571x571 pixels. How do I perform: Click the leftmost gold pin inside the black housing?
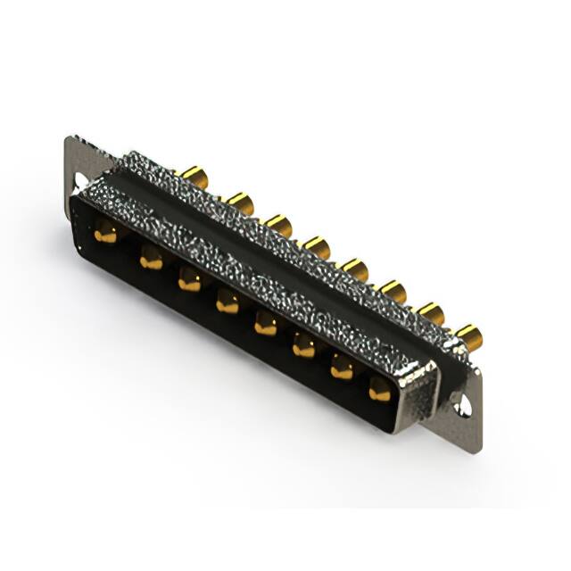(105, 235)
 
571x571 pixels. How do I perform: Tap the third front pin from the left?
(189, 281)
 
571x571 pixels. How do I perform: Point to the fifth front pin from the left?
(266, 324)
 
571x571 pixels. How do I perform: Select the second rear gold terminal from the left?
(239, 203)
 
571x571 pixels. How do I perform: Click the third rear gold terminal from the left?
(278, 225)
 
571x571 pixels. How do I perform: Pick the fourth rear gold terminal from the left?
(317, 246)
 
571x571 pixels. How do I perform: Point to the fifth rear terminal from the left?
(355, 268)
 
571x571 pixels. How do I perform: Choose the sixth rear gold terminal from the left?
(393, 290)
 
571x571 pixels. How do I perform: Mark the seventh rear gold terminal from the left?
(431, 312)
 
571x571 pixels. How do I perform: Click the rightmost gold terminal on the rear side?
(469, 335)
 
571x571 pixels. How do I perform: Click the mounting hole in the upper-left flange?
(80, 181)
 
